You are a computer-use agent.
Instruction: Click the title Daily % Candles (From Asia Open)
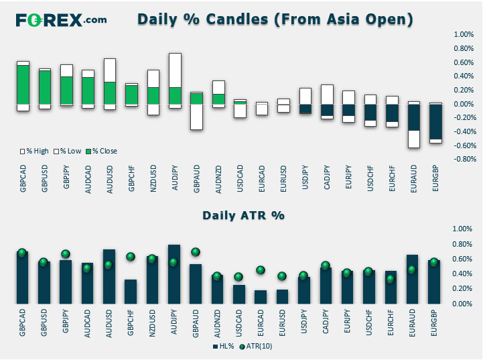click(275, 19)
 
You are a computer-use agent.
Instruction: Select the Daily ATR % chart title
click(244, 215)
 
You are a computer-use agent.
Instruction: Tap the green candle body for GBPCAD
click(23, 84)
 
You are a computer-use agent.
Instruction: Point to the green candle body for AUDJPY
click(175, 96)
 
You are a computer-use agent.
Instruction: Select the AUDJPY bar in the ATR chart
click(174, 274)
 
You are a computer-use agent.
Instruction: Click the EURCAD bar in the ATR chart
click(261, 297)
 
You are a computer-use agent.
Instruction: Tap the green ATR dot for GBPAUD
click(196, 252)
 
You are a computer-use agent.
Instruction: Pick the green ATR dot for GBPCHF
click(131, 257)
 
